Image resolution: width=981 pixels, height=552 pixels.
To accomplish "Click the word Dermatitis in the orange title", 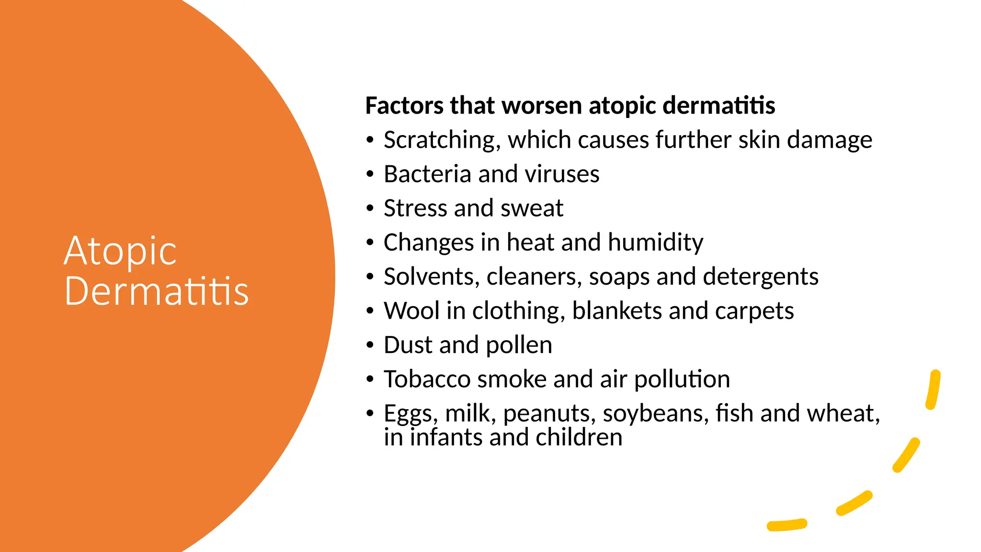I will (157, 291).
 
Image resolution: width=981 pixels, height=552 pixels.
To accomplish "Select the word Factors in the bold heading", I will (404, 105).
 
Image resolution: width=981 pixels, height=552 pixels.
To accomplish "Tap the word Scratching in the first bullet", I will (442, 140).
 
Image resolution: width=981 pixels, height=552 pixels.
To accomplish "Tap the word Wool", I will (411, 310).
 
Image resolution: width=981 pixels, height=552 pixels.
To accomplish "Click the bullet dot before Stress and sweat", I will (369, 208).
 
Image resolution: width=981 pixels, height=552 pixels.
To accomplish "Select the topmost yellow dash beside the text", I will (933, 390).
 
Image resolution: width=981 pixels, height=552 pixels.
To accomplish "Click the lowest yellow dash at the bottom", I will (787, 525).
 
